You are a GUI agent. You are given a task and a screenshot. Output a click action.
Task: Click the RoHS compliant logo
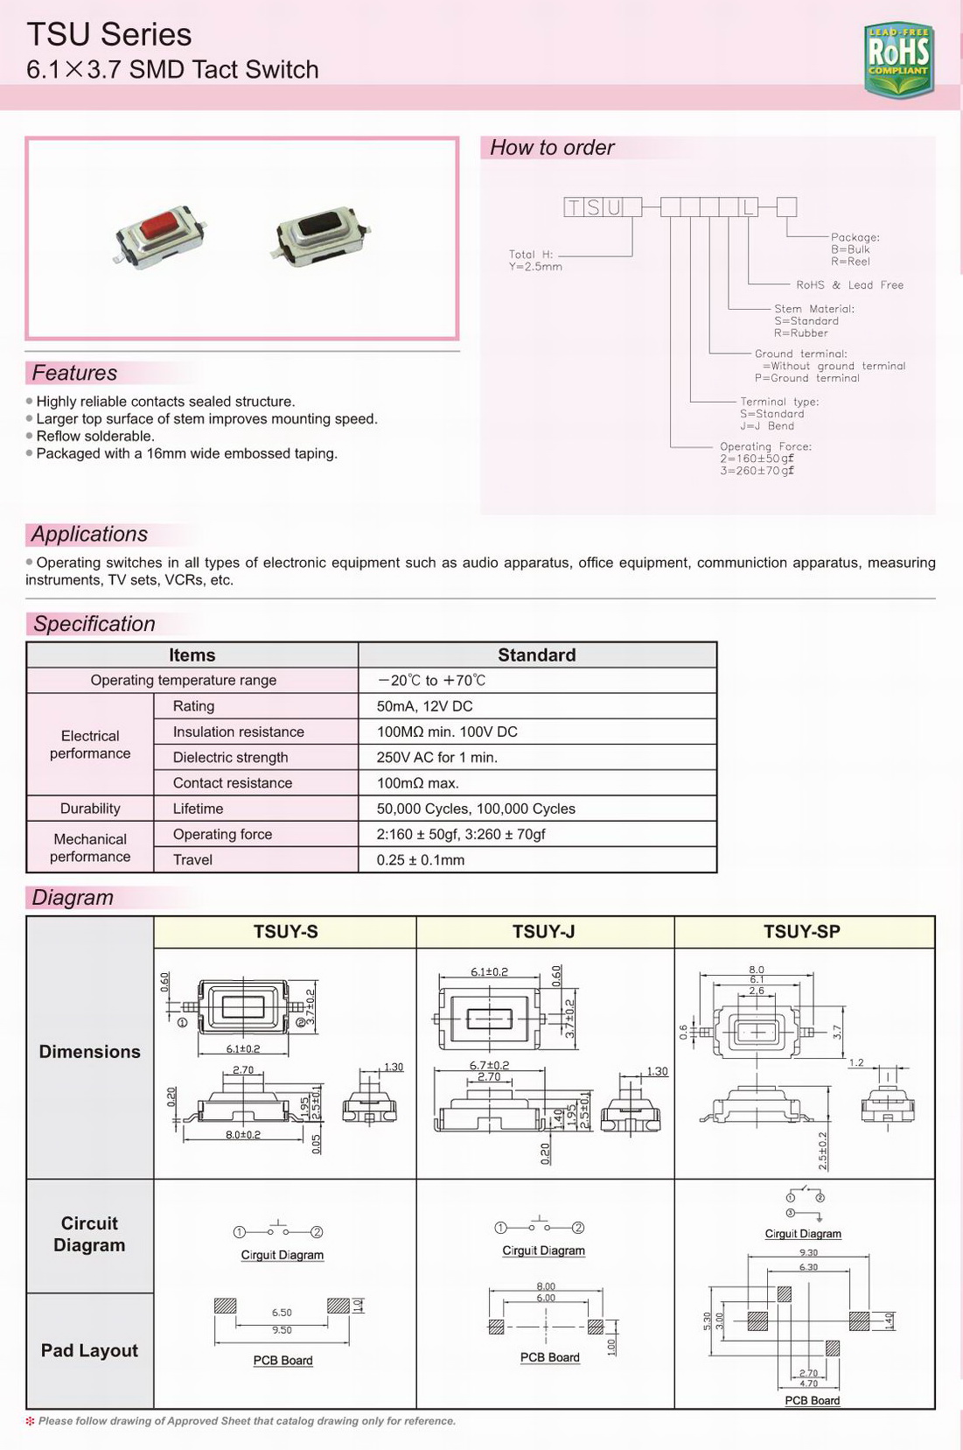click(898, 60)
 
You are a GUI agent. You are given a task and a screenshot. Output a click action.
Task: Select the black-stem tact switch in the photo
click(320, 232)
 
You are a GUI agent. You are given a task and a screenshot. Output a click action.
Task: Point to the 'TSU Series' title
click(109, 35)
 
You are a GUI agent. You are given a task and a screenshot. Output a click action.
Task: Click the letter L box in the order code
click(748, 207)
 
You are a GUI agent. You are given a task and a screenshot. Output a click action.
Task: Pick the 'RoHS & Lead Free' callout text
click(849, 285)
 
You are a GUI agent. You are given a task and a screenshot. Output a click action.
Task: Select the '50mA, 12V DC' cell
click(424, 706)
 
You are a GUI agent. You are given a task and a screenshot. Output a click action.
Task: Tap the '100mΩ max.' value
click(417, 782)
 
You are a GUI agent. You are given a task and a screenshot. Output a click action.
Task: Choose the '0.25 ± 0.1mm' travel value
click(421, 859)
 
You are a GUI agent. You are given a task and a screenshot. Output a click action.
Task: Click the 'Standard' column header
click(536, 655)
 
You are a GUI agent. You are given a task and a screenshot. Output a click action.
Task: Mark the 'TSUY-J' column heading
click(543, 932)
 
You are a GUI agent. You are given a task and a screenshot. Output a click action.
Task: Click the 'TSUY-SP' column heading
click(801, 932)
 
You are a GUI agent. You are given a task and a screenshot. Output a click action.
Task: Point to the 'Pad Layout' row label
click(89, 1350)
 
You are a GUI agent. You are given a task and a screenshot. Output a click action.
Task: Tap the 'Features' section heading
click(74, 373)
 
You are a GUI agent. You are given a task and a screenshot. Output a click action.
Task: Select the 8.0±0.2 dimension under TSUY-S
click(243, 1134)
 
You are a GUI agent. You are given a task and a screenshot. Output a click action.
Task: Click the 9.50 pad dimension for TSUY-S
click(282, 1330)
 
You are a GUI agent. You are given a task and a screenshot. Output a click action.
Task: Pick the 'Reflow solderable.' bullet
click(95, 436)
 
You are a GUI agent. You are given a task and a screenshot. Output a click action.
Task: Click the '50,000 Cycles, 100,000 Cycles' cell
click(476, 809)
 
